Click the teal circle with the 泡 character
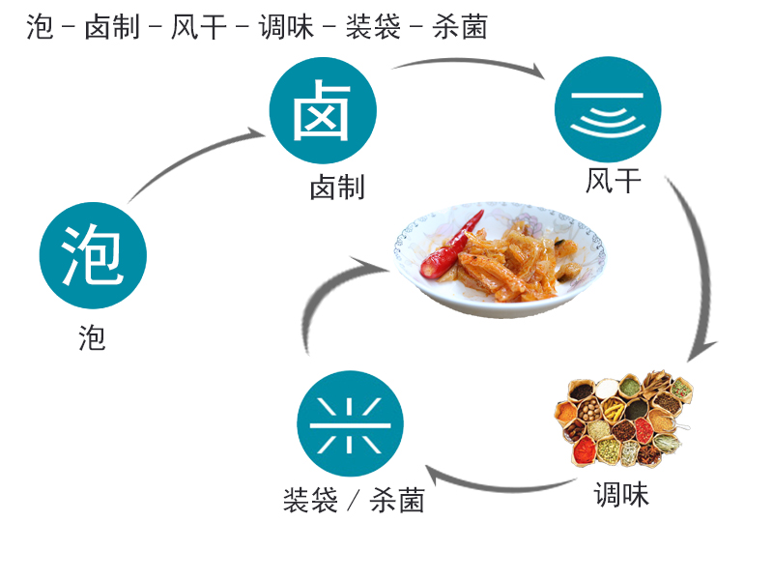pyautogui.click(x=93, y=255)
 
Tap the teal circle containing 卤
pyautogui.click(x=323, y=110)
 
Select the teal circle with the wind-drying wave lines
pyautogui.click(x=608, y=109)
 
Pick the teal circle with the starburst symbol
pyautogui.click(x=350, y=423)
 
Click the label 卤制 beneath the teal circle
pyautogui.click(x=337, y=188)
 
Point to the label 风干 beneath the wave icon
pyautogui.click(x=614, y=181)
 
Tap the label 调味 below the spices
pyautogui.click(x=621, y=495)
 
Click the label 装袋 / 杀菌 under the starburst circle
pyautogui.click(x=354, y=500)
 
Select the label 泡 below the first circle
pyautogui.click(x=92, y=337)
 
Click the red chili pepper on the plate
pyautogui.click(x=449, y=247)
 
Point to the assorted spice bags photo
pyautogui.click(x=624, y=419)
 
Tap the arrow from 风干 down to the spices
pyautogui.click(x=700, y=261)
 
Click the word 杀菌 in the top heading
pyautogui.click(x=460, y=27)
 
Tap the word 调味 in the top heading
pyautogui.click(x=286, y=27)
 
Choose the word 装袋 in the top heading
pyautogui.click(x=373, y=27)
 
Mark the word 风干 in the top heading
pyautogui.click(x=199, y=27)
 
